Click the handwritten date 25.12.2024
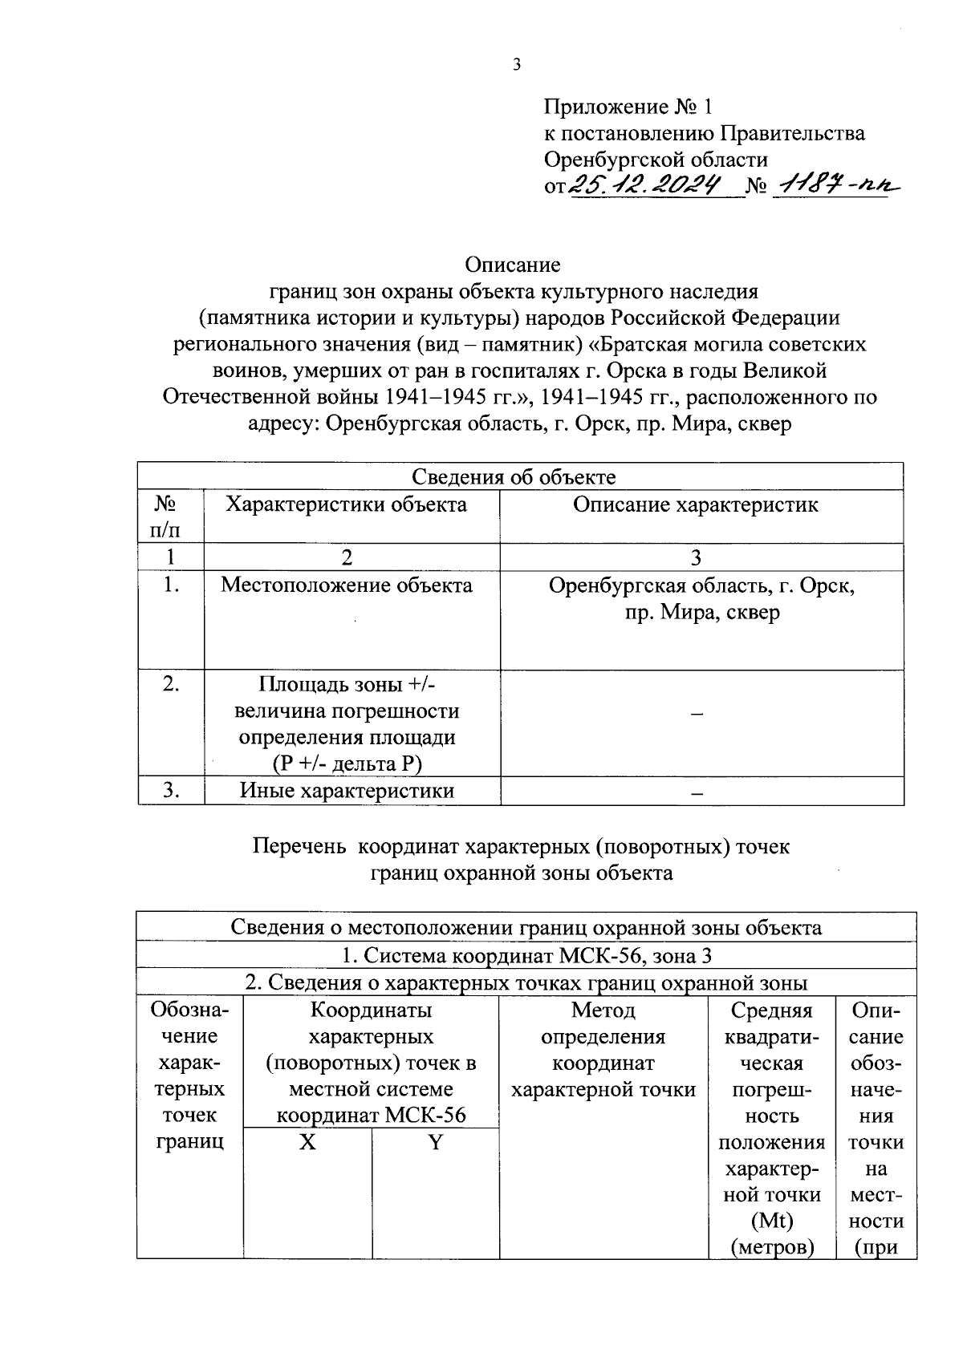coord(653,186)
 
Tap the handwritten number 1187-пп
coord(833,186)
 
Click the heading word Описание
coord(512,264)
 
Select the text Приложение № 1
coord(628,107)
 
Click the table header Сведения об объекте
coord(514,477)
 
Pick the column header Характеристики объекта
coord(346,504)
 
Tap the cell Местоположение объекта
coord(347,585)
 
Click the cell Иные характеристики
coord(347,791)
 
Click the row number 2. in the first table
coord(170,684)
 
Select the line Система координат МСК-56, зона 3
coord(526,955)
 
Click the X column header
coord(307,1142)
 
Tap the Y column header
coord(435,1142)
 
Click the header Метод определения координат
coord(603,1050)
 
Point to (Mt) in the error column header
coord(771,1221)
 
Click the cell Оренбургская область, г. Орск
coord(701,585)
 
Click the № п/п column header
coord(165,516)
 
